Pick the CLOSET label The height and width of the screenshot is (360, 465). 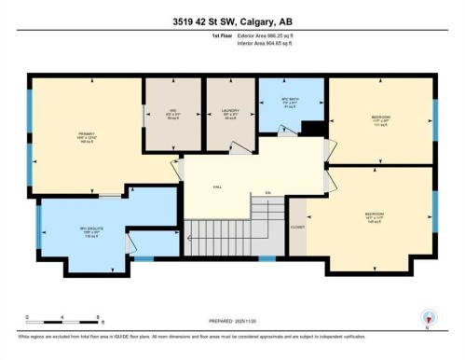point(297,226)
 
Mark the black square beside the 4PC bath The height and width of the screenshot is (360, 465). point(317,128)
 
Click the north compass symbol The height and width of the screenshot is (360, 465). point(429,317)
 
